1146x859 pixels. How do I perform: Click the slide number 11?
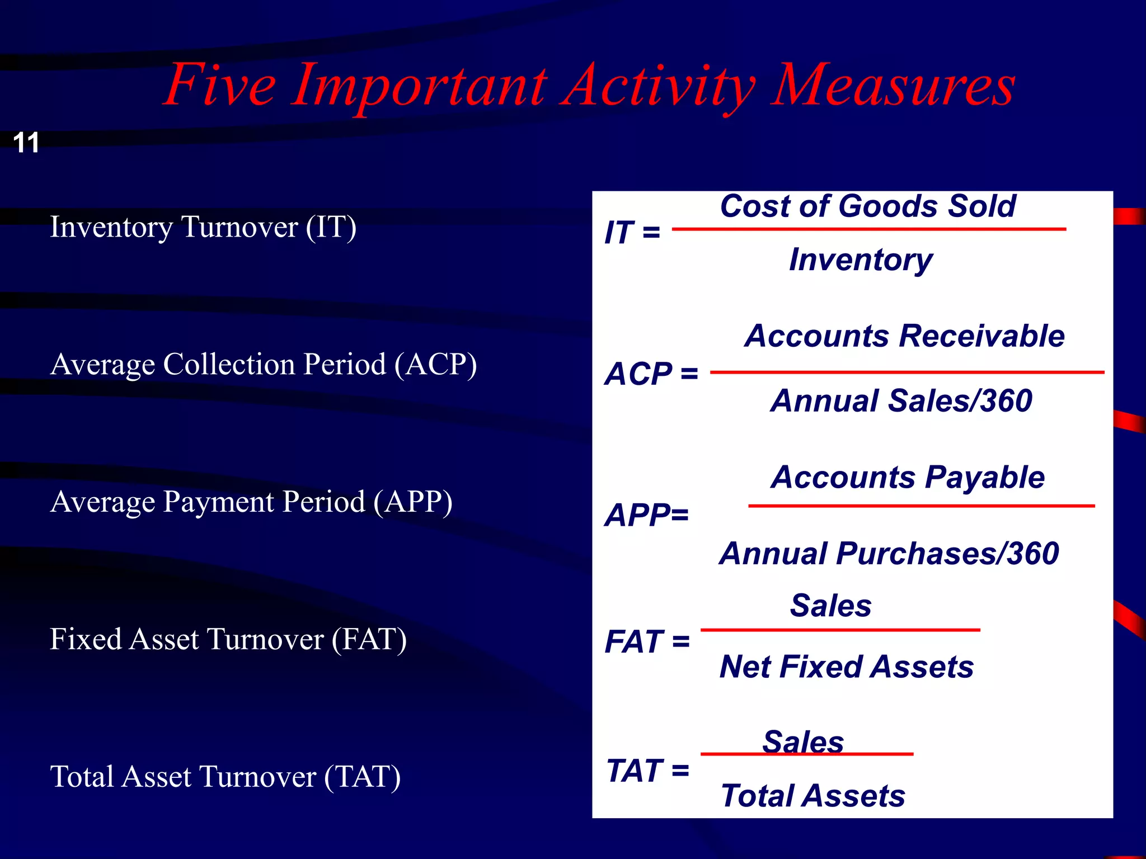[x=26, y=143]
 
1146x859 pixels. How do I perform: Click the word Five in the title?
[x=220, y=85]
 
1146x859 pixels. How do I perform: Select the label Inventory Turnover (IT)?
[x=203, y=227]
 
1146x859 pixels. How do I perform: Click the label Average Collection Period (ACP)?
[x=264, y=365]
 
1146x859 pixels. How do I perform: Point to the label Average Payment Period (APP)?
[x=251, y=502]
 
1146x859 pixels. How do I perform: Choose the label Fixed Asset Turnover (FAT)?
[x=228, y=639]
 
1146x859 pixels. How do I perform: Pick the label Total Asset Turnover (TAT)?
[x=226, y=777]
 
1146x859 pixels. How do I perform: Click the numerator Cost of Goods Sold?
[x=867, y=206]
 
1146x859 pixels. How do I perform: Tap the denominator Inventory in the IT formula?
[x=861, y=259]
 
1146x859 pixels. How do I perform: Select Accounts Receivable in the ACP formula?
[x=904, y=336]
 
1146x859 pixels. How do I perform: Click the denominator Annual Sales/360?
[x=901, y=401]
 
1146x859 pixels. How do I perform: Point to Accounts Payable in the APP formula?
[x=908, y=478]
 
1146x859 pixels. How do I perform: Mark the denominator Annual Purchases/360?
[x=889, y=554]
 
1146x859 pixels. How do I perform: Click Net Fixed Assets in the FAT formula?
[x=847, y=667]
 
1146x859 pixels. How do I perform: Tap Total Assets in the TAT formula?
[x=813, y=796]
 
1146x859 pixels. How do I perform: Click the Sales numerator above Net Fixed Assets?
[x=830, y=606]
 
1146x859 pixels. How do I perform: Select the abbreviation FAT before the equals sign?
[x=634, y=641]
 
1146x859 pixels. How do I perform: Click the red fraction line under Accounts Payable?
[x=921, y=506]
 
